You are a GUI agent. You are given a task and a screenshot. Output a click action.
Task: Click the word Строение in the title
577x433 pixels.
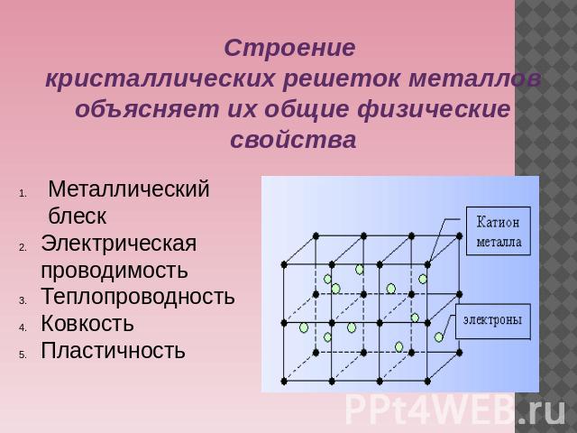[x=290, y=48]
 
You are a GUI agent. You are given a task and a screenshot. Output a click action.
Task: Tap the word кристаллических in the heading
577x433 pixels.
[x=160, y=78]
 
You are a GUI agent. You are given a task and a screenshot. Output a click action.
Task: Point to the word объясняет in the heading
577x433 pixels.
[x=147, y=110]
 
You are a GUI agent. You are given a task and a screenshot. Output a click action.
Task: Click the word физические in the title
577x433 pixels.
[x=434, y=110]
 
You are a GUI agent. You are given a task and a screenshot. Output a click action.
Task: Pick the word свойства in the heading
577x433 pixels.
[x=293, y=140]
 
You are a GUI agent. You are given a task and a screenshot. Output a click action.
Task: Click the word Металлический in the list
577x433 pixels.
[x=129, y=189]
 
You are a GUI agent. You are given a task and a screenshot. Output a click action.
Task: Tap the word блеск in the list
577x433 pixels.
[x=78, y=216]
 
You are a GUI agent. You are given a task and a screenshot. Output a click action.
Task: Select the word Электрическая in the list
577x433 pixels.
[x=119, y=244]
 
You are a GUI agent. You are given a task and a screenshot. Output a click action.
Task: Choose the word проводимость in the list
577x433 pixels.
[x=114, y=271]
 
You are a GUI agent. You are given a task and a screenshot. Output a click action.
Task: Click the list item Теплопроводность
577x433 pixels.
[x=138, y=296]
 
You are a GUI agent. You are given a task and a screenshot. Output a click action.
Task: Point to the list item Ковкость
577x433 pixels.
[x=87, y=323]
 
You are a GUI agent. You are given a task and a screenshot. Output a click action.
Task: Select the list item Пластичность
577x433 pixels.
[x=113, y=350]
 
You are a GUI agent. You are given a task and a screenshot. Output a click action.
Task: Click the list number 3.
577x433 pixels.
[x=23, y=300]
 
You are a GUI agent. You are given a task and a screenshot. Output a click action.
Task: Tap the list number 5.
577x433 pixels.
[x=23, y=355]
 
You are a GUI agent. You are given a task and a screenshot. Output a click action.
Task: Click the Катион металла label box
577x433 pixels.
[x=499, y=231]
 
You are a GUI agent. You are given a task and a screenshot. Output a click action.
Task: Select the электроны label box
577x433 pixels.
[x=493, y=321]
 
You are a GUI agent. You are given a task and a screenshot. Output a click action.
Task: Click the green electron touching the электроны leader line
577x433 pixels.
[x=439, y=336]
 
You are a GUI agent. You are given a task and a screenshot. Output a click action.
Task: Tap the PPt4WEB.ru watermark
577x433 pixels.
[x=455, y=410]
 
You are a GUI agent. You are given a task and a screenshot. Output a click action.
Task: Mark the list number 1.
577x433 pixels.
[x=23, y=193]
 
